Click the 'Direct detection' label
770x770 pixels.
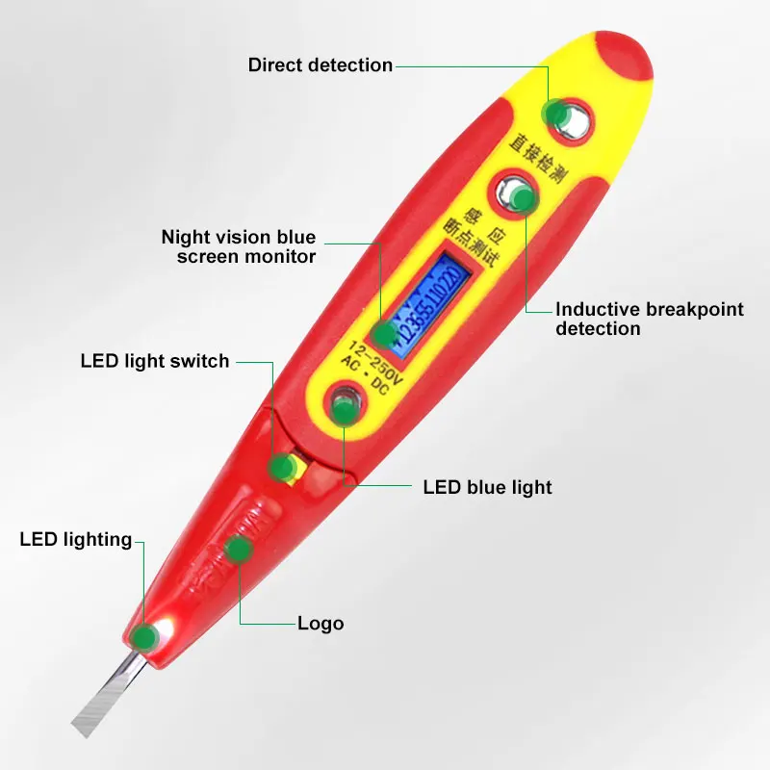(320, 65)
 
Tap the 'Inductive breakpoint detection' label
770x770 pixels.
(649, 319)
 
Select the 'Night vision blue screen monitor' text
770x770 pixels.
(238, 246)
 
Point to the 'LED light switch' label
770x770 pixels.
(155, 361)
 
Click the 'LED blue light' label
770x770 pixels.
(487, 487)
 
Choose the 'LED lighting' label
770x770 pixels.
(75, 539)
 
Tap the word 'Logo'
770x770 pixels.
(321, 624)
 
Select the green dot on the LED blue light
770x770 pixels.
(344, 411)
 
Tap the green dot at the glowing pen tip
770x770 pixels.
(144, 635)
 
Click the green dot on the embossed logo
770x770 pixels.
(238, 550)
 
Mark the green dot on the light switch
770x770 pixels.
(281, 468)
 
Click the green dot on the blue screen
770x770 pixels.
(384, 334)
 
